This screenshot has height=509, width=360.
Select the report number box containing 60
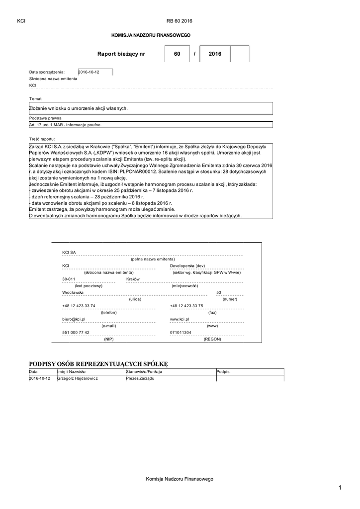tap(177, 54)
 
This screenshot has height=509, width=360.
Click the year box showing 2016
tap(215, 54)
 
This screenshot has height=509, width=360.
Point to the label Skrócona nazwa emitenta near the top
tap(53, 79)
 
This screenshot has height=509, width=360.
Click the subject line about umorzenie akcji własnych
tap(79, 108)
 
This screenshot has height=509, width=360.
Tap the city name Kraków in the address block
tap(133, 279)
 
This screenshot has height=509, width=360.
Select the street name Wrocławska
tap(73, 293)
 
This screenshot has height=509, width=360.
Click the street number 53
tap(219, 293)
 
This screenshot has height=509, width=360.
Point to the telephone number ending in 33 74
tap(79, 306)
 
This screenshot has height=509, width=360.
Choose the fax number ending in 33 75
tap(186, 306)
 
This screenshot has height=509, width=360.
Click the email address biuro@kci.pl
tap(74, 319)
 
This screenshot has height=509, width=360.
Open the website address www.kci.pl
tap(180, 319)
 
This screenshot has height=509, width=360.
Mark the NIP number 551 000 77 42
tap(76, 332)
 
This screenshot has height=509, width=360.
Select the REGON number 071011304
tap(180, 332)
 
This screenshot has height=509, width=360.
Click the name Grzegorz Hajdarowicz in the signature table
tap(78, 378)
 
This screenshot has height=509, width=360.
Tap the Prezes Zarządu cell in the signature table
tap(141, 378)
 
